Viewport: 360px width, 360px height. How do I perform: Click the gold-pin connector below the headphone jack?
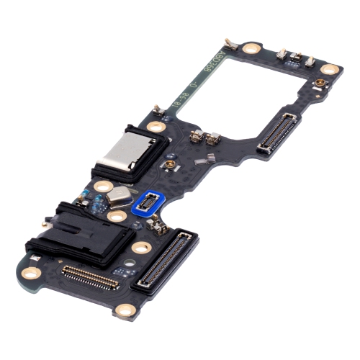91,276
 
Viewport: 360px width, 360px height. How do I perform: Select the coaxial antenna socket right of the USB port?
171,167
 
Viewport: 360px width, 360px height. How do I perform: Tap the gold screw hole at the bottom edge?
126,310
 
